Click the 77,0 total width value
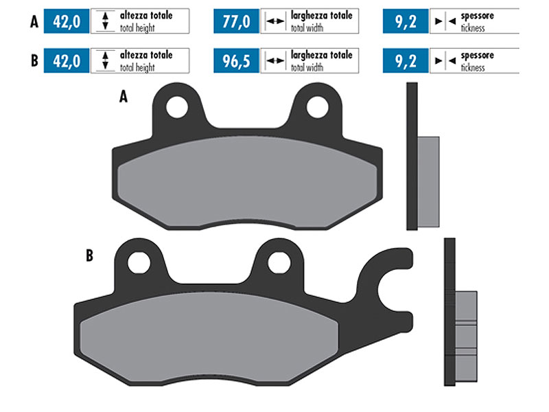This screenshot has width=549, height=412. click(236, 21)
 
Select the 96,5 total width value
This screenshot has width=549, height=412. click(236, 61)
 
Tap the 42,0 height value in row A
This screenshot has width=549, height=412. click(67, 21)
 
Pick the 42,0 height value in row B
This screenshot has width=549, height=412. click(67, 61)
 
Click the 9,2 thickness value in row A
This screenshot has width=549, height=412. click(406, 21)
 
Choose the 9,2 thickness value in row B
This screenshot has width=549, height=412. click(406, 61)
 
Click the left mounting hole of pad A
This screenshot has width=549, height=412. click(177, 107)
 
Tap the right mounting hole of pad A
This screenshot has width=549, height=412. click(317, 107)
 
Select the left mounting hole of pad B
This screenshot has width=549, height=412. click(139, 263)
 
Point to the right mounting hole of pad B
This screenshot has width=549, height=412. click(279, 263)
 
